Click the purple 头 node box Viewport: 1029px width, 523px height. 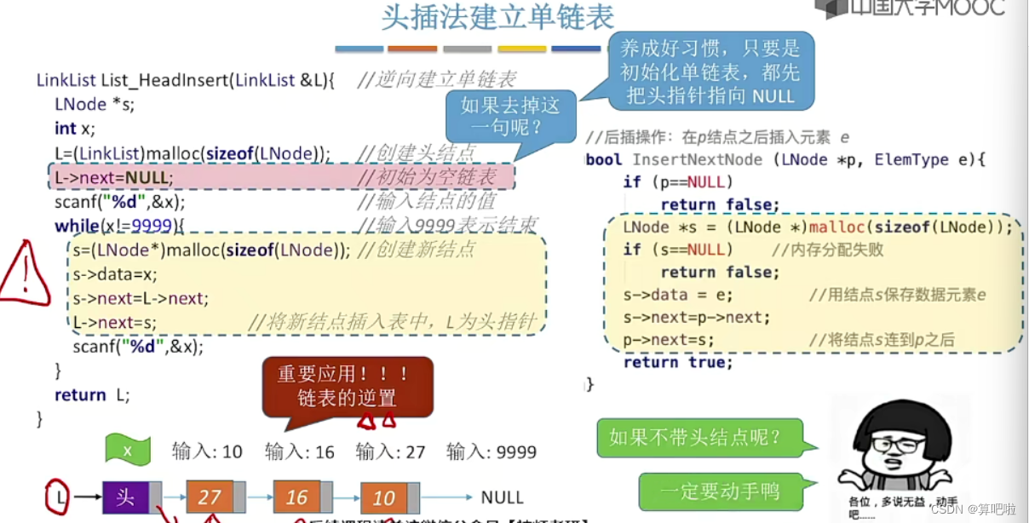[x=125, y=497]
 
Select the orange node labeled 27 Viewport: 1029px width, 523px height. [x=209, y=497]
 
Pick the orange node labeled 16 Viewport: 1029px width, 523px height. [x=296, y=497]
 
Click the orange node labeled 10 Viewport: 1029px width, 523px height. [x=383, y=498]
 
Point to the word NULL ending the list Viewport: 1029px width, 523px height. [x=503, y=497]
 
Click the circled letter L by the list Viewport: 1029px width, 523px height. [x=57, y=496]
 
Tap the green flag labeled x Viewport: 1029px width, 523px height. [x=128, y=451]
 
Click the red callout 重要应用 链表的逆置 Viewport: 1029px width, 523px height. [x=348, y=386]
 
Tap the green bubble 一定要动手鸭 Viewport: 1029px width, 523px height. [x=719, y=491]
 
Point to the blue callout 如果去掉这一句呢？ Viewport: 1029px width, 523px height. [x=510, y=118]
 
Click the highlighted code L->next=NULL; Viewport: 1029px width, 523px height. [x=114, y=178]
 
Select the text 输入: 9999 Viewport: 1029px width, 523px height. [x=492, y=451]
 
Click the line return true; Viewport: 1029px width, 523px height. [x=677, y=362]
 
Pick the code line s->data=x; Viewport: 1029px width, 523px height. [x=115, y=274]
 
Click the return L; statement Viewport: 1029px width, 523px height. [x=92, y=394]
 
